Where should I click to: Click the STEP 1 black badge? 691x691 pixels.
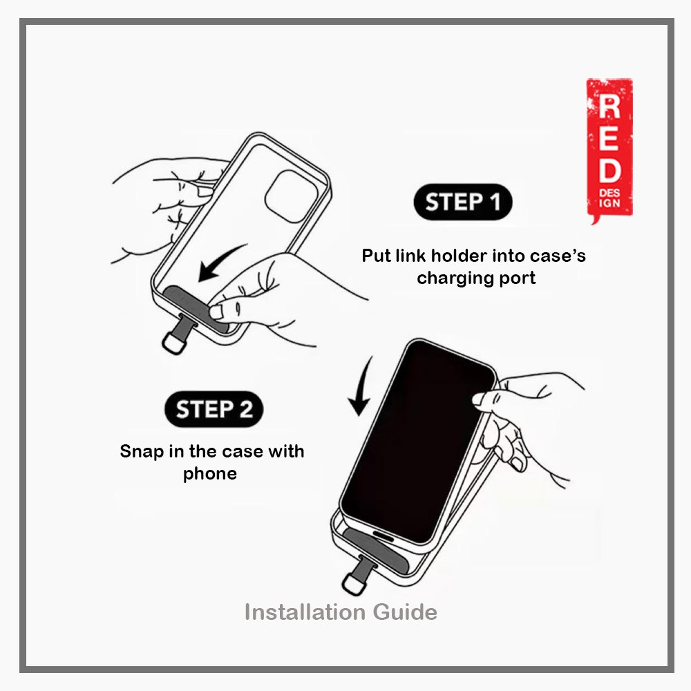point(462,202)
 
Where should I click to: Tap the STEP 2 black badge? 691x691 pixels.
point(214,409)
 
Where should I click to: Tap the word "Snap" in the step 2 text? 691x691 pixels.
point(142,452)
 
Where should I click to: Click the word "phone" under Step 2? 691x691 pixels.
point(210,474)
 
